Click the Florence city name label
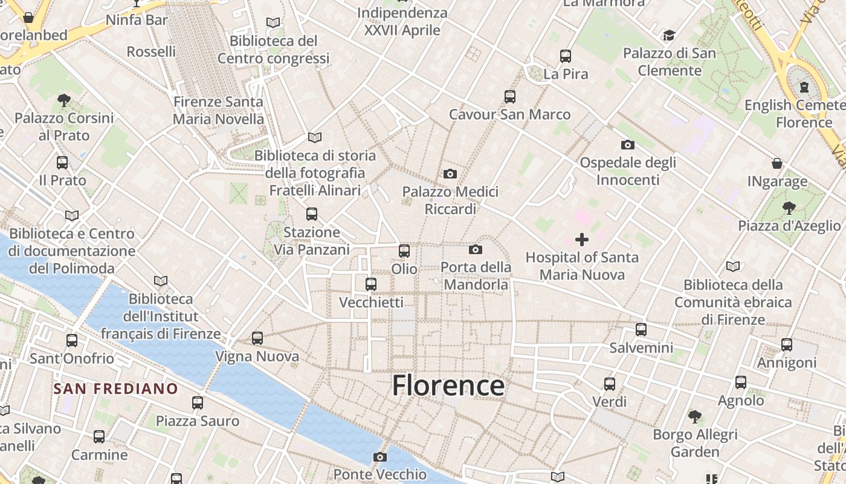point(448,385)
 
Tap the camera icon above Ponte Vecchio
point(379,457)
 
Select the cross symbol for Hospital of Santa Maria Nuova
point(581,240)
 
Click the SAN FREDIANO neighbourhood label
point(115,388)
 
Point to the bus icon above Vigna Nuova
point(257,338)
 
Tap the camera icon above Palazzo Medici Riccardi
point(450,174)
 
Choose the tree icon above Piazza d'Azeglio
point(789,208)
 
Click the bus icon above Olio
point(404,250)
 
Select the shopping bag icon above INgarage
point(777,163)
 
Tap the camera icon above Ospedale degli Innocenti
point(628,145)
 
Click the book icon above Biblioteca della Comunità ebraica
point(733,266)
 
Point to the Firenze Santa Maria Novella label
point(218,110)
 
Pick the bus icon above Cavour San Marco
point(510,97)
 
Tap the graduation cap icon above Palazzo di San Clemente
point(669,36)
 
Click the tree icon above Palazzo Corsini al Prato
point(64,100)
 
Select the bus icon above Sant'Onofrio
point(72,341)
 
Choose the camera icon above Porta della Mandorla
point(476,249)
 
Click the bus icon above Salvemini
point(641,330)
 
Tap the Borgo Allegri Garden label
point(695,443)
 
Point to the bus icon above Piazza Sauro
point(198,403)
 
